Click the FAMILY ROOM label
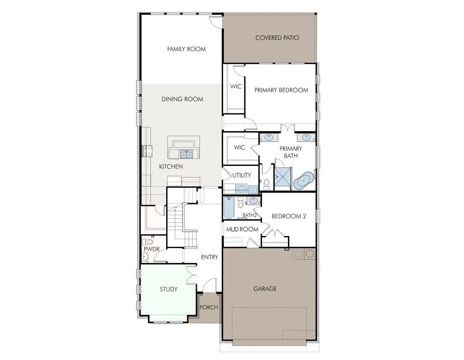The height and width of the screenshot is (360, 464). [186, 49]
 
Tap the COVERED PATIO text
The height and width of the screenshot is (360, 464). [277, 38]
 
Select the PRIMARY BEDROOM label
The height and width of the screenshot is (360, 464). [281, 90]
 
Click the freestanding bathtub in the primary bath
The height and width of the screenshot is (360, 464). [303, 181]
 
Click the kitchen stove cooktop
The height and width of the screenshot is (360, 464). [147, 151]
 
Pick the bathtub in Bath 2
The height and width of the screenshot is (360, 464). [228, 208]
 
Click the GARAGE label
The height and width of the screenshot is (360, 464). [265, 289]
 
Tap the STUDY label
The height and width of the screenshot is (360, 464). [169, 289]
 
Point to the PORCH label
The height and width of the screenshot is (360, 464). [209, 307]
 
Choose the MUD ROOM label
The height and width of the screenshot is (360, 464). [242, 230]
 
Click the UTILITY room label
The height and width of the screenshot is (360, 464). [242, 175]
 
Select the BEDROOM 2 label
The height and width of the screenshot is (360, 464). [289, 216]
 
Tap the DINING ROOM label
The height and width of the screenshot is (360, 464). [182, 99]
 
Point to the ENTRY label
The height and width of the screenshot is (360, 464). [209, 257]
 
